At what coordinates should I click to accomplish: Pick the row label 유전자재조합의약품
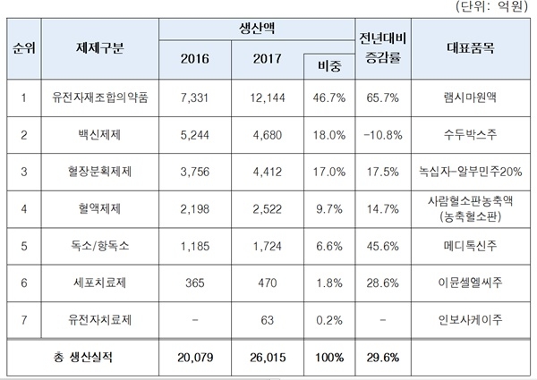click(99, 97)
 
